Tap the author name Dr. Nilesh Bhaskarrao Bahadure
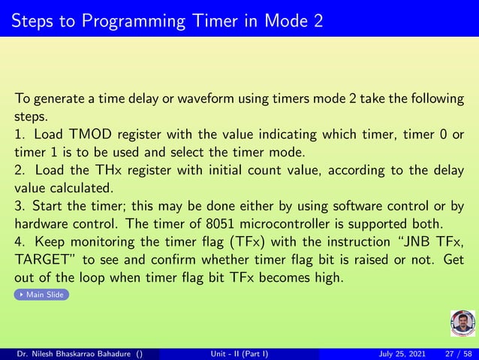point(73,353)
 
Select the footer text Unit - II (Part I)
point(239,353)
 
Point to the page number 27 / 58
point(456,353)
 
